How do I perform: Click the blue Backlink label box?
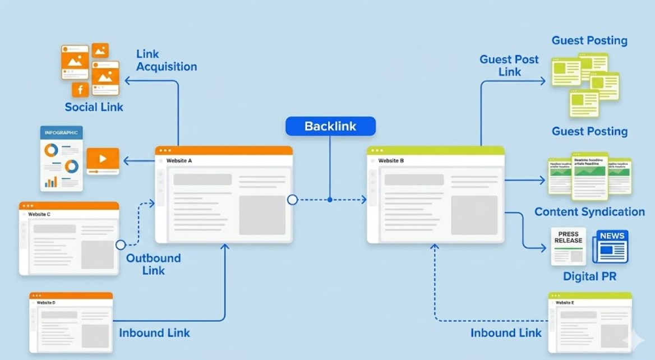point(330,126)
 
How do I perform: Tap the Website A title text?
point(179,161)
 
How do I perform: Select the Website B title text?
point(391,161)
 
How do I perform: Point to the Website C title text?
point(39,214)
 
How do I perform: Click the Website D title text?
point(46,303)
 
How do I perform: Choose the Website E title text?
point(565,303)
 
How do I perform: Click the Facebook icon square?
point(80,90)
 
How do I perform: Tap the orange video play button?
point(103,159)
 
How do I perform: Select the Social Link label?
point(94,107)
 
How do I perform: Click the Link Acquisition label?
point(166,61)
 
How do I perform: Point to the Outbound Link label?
point(153,264)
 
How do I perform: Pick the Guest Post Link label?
point(509,66)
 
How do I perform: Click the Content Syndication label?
point(589,212)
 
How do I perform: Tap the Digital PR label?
point(589,277)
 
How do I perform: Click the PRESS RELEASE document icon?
point(568,246)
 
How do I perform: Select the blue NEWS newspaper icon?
point(611,246)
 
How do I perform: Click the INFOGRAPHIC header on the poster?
point(61,132)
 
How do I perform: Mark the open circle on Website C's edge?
point(121,244)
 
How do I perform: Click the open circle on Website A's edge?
point(292,200)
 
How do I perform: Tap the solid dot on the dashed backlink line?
point(330,200)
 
